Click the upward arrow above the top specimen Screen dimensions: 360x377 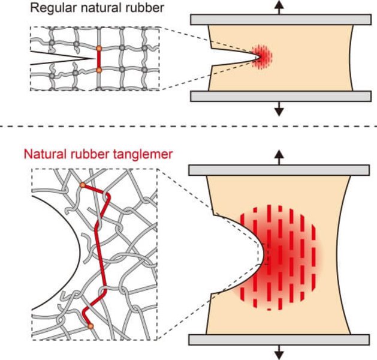click(x=279, y=7)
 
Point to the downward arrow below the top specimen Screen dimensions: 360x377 click(x=279, y=109)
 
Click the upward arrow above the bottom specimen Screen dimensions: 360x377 click(x=279, y=157)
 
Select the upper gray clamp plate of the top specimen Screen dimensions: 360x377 click(x=279, y=19)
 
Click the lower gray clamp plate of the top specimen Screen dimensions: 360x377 click(x=279, y=97)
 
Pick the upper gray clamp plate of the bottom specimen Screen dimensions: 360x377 click(x=279, y=170)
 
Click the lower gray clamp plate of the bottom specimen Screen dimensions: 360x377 click(x=279, y=340)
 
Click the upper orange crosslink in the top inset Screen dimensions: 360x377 click(x=99, y=47)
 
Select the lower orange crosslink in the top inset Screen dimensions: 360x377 click(x=99, y=70)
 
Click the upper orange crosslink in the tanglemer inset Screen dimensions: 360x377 click(x=83, y=185)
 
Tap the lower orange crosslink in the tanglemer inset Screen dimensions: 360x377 click(x=91, y=326)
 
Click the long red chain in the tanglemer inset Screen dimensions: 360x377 click(x=97, y=252)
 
